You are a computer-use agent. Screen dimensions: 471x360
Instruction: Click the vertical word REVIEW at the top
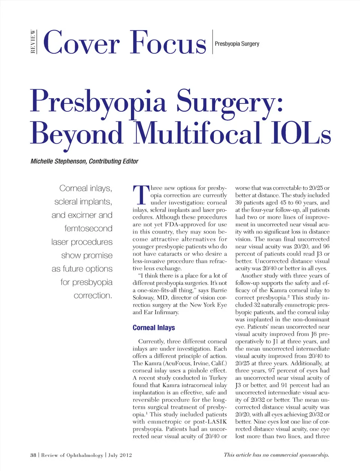33,42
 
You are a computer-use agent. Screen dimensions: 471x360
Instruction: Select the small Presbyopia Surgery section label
237,44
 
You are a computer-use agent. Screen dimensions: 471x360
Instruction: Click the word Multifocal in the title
197,133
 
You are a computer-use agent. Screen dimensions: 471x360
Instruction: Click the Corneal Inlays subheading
154,327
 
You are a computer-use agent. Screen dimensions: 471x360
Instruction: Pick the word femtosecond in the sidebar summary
88,228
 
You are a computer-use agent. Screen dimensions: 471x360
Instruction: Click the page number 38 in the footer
33,455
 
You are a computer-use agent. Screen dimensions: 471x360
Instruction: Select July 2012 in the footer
120,455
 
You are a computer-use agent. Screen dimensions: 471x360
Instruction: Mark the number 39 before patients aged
239,202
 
